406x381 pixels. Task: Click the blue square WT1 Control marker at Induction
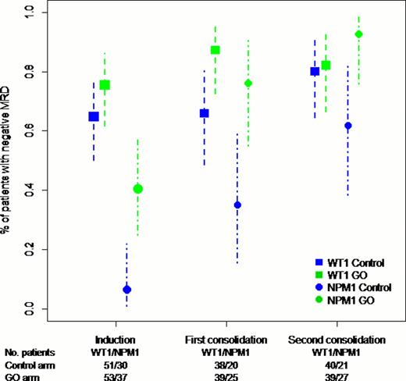94,116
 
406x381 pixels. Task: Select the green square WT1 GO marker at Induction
105,84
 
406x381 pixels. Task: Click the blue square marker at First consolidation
205,113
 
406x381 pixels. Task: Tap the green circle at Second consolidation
359,34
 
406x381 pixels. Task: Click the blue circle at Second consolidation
348,126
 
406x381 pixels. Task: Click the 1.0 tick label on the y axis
30,12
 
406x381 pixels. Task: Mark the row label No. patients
27,352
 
